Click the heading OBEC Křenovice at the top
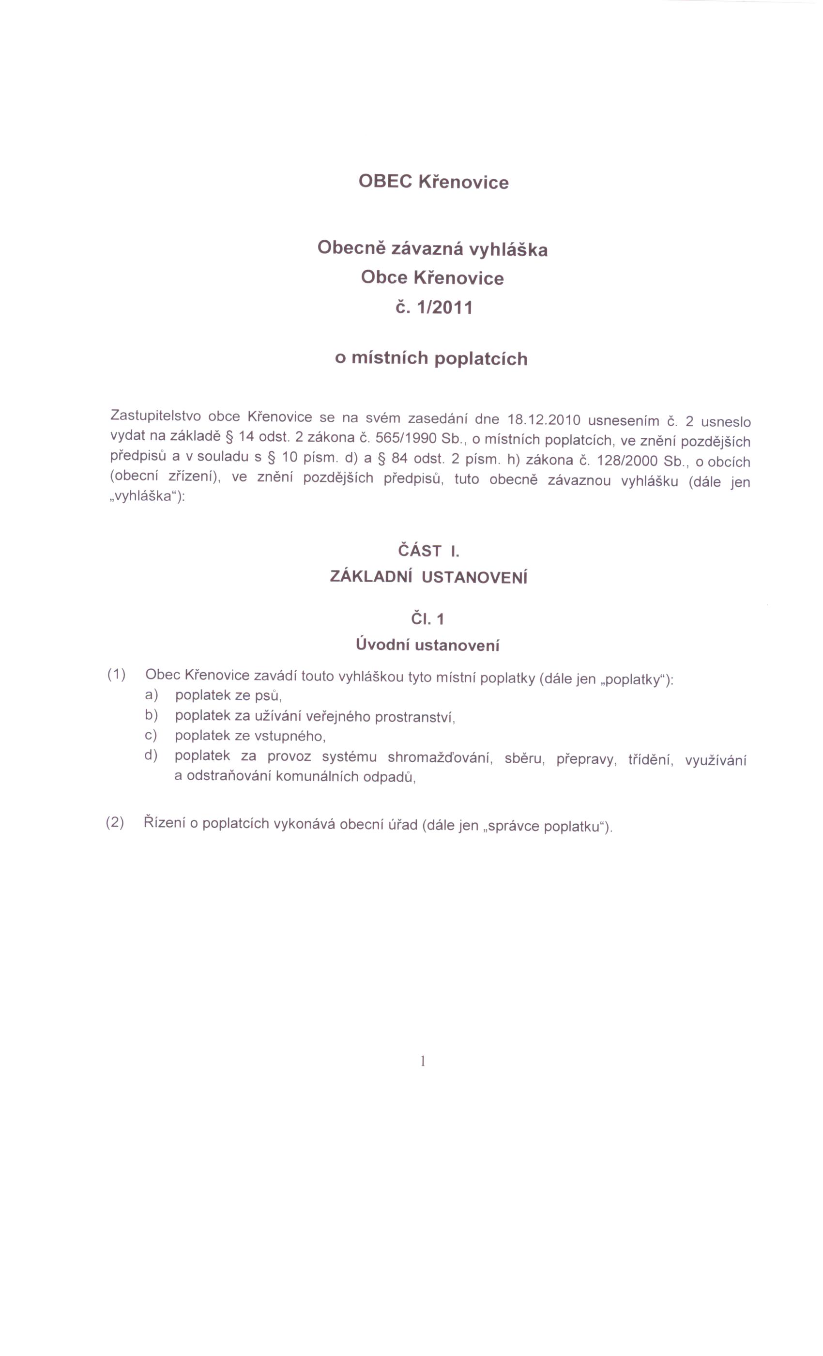[433, 182]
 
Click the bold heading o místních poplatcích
[431, 358]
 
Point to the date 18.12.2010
[544, 420]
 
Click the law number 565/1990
[407, 439]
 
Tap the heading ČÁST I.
[428, 550]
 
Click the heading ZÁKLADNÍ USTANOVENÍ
[428, 577]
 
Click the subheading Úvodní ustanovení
[427, 645]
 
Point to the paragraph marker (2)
[115, 823]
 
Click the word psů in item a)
[268, 696]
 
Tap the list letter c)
[151, 735]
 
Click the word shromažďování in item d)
[439, 758]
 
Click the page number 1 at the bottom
[423, 1061]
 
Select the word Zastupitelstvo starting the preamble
[155, 415]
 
